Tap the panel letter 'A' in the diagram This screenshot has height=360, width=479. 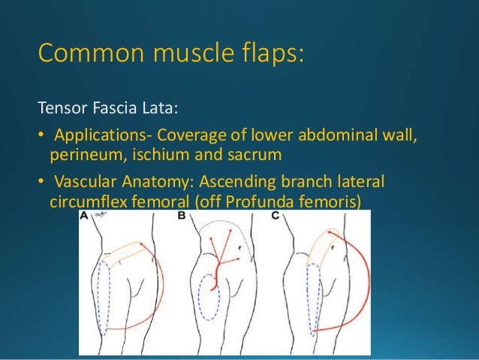86,216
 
